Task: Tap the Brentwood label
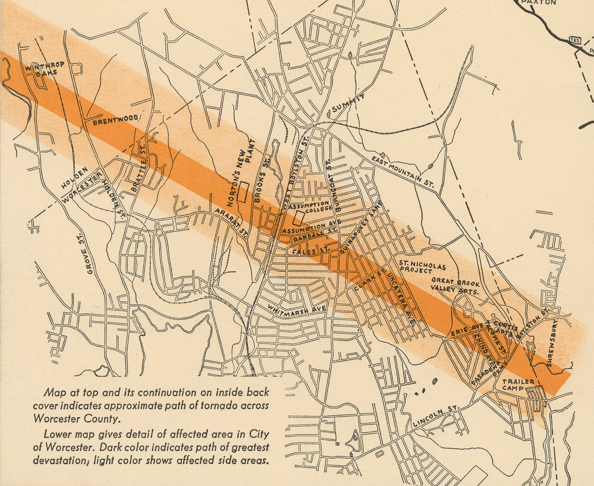coord(115,120)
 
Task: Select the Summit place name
coord(348,103)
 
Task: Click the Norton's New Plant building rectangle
coord(243,192)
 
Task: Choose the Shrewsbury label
coord(552,344)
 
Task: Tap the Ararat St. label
coord(231,222)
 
